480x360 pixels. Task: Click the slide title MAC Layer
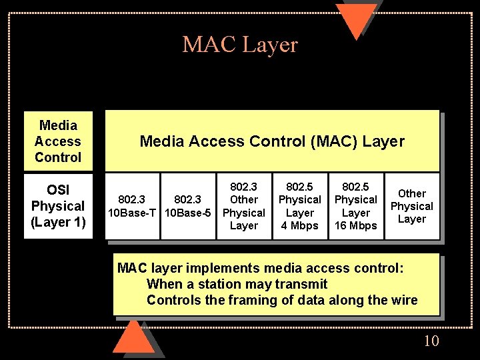240,45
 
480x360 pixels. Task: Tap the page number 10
431,341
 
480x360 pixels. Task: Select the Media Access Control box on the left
58,141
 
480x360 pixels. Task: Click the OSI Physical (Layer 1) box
58,205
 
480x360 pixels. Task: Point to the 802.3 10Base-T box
132,206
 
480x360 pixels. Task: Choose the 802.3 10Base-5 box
187,206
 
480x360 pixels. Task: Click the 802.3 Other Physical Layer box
243,205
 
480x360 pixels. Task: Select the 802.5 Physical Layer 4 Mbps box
299,205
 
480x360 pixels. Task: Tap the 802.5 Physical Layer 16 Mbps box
355,205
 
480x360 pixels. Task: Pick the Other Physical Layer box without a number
411,206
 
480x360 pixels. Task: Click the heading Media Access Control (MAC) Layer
272,141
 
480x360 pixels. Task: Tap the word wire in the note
405,300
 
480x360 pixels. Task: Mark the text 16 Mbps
355,225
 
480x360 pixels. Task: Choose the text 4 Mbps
299,225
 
